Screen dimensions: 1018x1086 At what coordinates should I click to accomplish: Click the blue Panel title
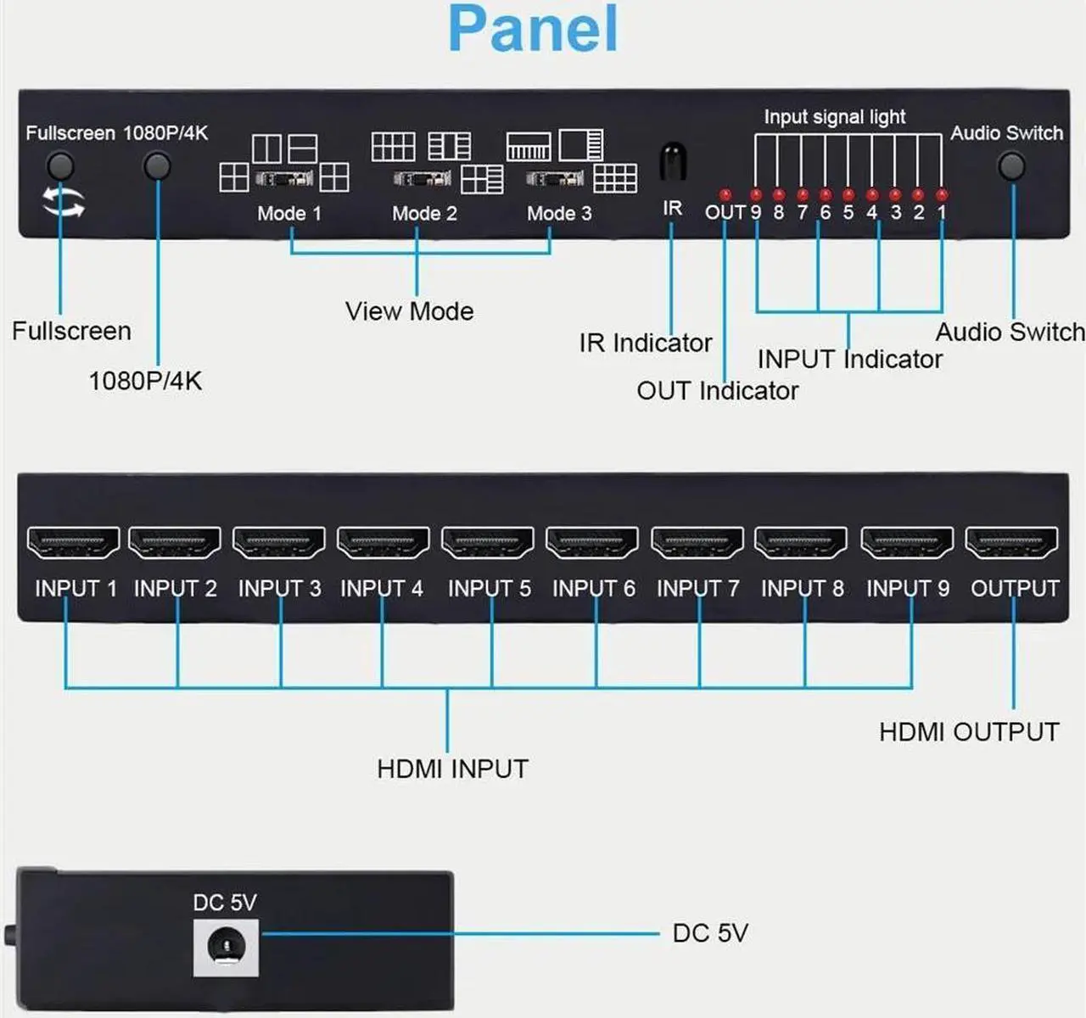(x=533, y=30)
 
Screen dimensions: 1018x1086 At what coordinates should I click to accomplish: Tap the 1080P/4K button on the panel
(x=157, y=165)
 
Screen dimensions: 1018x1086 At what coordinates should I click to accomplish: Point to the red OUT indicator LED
(x=725, y=195)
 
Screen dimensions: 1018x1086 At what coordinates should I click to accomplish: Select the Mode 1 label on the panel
(x=289, y=214)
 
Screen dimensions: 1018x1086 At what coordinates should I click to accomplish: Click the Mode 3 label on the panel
(x=559, y=214)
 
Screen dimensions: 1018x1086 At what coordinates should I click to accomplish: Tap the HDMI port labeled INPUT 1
(x=74, y=543)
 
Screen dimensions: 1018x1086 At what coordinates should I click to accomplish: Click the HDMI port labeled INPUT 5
(x=488, y=543)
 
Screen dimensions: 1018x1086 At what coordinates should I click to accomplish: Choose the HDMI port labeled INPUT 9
(x=907, y=543)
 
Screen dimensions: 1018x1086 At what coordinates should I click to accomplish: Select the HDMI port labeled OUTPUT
(x=1012, y=543)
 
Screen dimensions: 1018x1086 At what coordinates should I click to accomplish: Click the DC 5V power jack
(x=226, y=945)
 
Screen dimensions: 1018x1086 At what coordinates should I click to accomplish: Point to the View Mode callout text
(x=409, y=311)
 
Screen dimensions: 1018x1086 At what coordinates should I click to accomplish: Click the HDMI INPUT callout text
(x=452, y=769)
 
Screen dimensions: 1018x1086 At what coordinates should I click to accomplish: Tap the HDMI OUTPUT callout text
(x=969, y=732)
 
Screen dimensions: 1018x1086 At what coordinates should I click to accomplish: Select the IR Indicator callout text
(x=646, y=343)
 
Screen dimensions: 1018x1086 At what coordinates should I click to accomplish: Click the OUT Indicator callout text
(x=718, y=391)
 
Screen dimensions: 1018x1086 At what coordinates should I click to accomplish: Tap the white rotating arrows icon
(x=64, y=203)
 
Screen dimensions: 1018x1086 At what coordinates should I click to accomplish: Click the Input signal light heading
(x=835, y=117)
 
